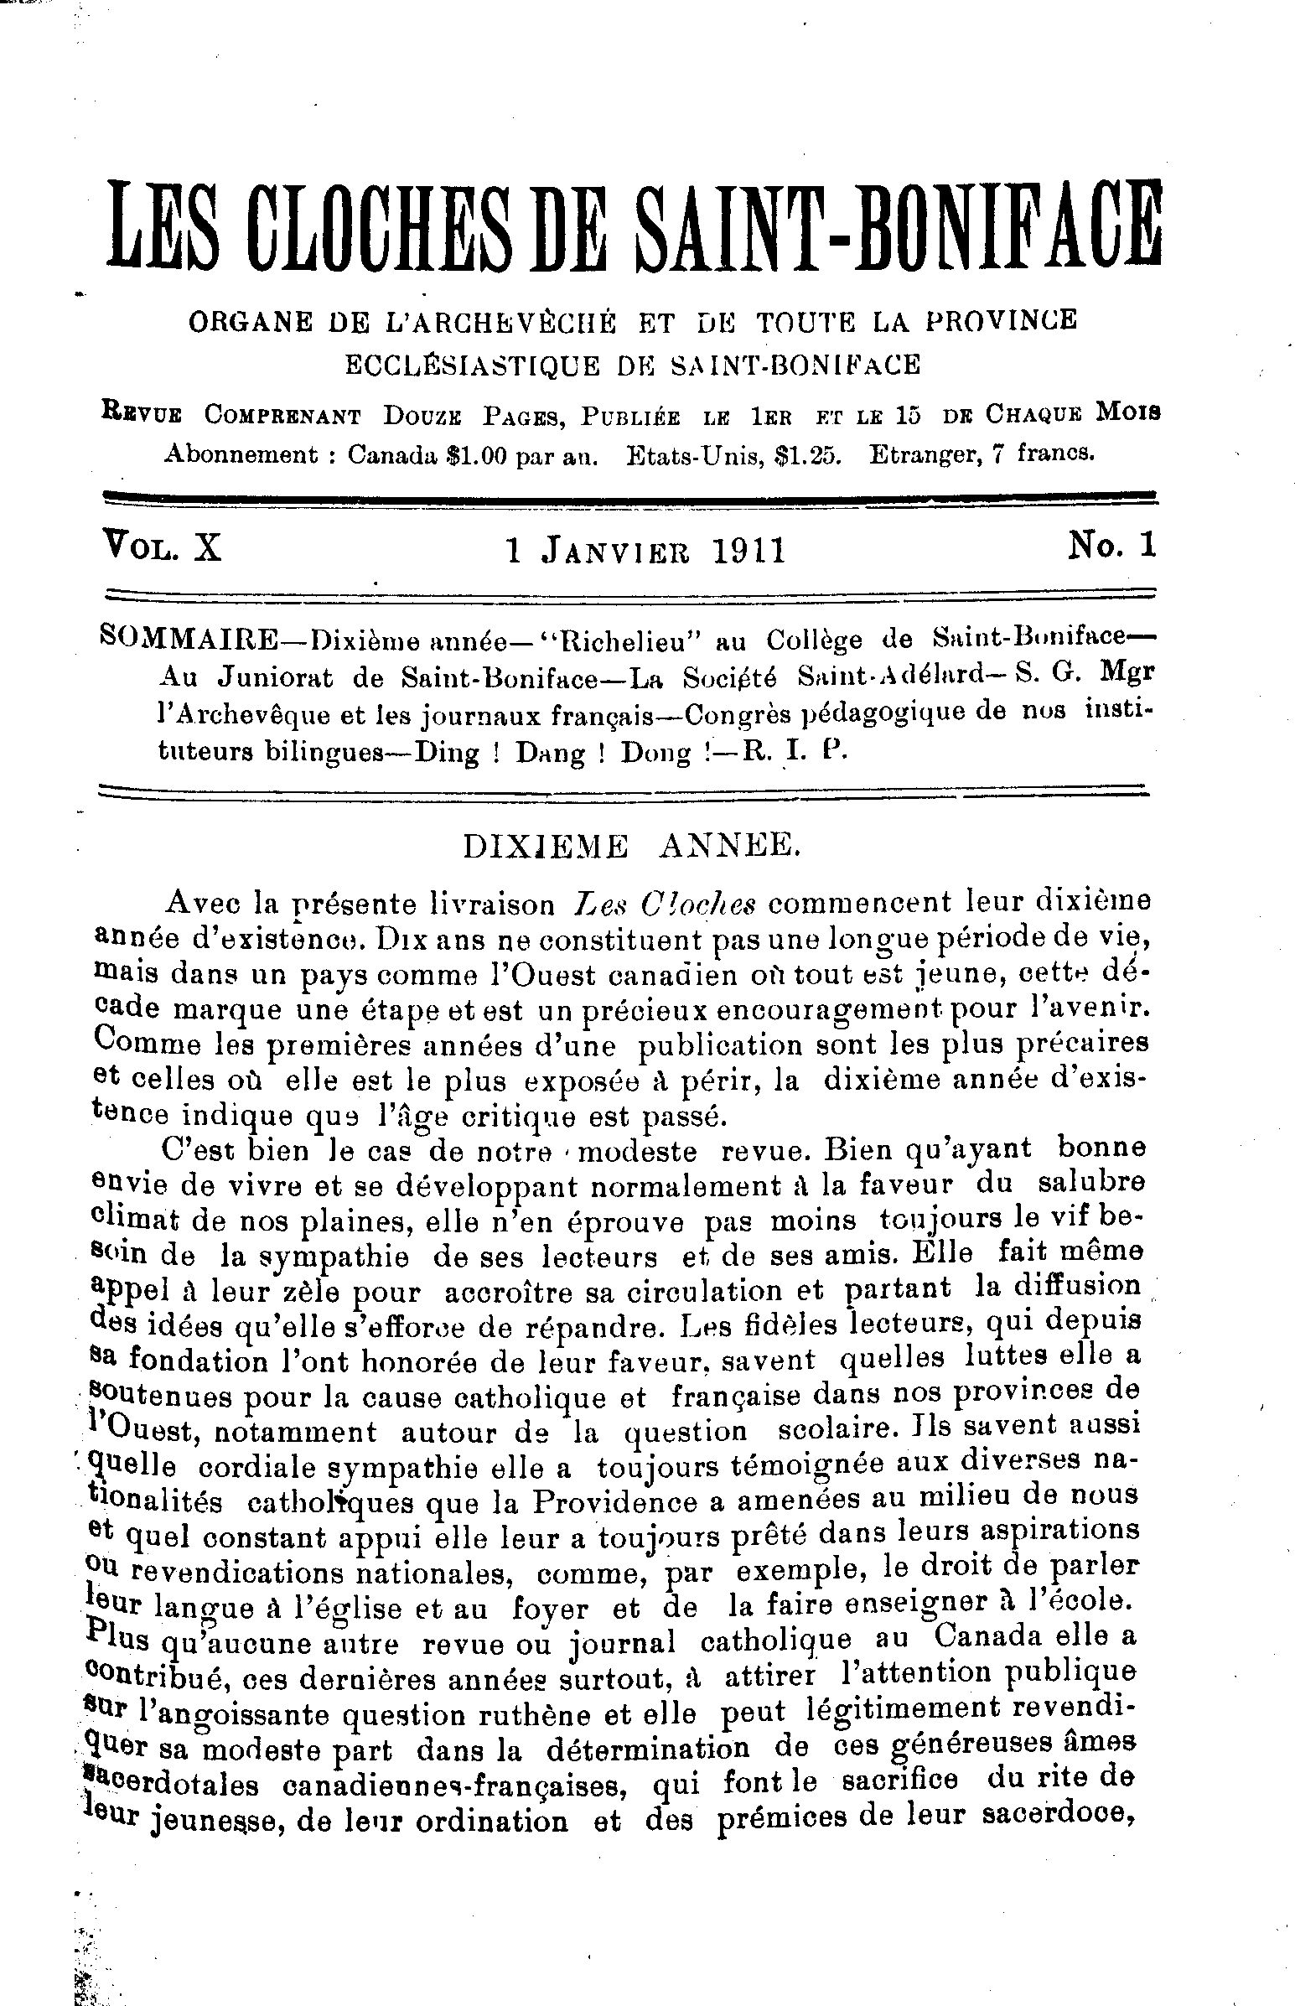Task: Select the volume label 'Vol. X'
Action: coord(161,547)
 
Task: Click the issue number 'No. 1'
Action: coord(1112,547)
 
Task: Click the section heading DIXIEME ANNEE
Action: coord(629,847)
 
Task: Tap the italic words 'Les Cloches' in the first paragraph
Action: coord(663,904)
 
